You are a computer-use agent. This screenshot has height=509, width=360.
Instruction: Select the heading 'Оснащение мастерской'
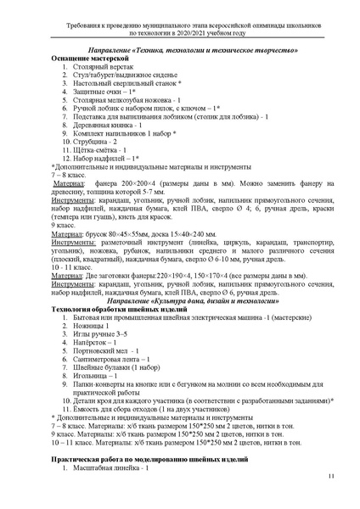coord(88,68)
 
